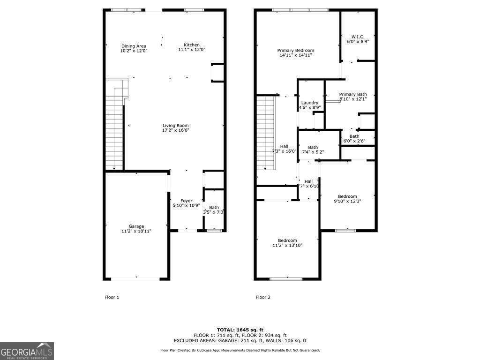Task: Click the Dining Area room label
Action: point(134,46)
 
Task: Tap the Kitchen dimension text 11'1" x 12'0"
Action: point(191,49)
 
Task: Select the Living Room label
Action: point(175,125)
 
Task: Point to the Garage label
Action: point(136,226)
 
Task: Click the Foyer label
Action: point(187,201)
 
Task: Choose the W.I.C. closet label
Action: point(358,37)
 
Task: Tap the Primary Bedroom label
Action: point(295,50)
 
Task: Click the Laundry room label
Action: point(310,103)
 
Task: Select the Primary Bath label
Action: point(353,94)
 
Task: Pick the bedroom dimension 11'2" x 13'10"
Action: point(287,245)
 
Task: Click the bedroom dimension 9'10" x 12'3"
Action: point(347,201)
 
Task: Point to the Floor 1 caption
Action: point(112,297)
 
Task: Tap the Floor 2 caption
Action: point(263,297)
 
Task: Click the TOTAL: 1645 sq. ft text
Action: point(240,330)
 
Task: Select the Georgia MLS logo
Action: point(27,351)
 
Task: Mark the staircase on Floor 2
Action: point(265,134)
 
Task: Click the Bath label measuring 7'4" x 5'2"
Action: point(313,147)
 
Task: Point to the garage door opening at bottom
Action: point(136,279)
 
